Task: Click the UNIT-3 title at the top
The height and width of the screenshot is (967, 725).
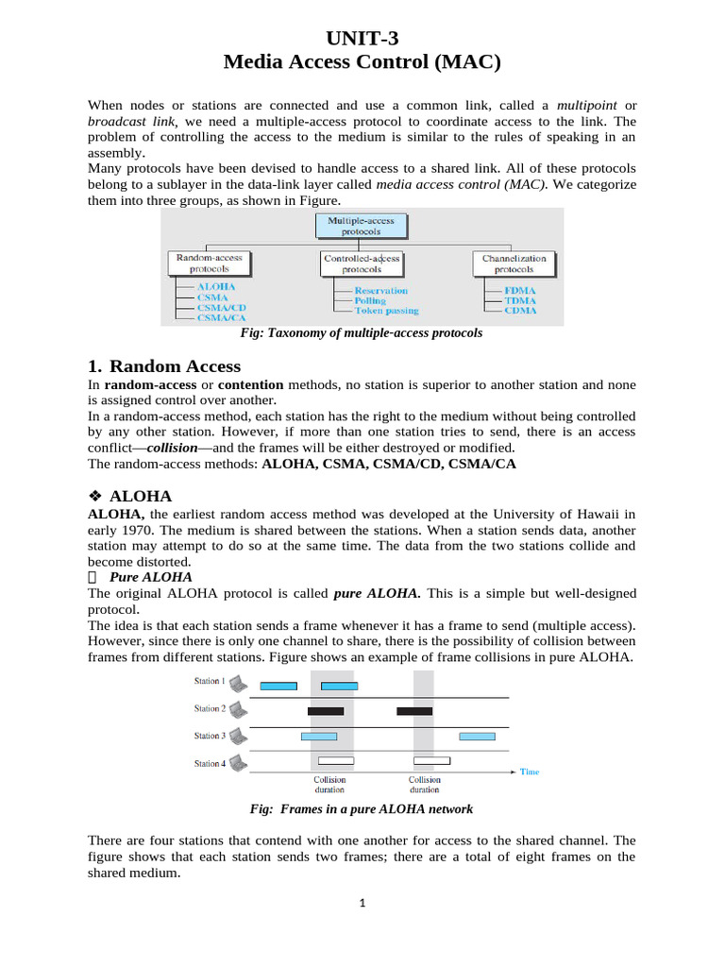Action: pyautogui.click(x=362, y=39)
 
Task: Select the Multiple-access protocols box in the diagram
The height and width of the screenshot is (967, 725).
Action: pyautogui.click(x=361, y=225)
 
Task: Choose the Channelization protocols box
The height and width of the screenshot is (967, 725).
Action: pyautogui.click(x=514, y=263)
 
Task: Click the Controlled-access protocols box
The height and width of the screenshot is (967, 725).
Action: pyautogui.click(x=362, y=263)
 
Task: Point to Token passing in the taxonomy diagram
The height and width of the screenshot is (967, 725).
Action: pyautogui.click(x=386, y=311)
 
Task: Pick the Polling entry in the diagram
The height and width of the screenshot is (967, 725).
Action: pyautogui.click(x=370, y=300)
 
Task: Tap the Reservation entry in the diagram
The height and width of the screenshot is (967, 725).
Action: pyautogui.click(x=380, y=290)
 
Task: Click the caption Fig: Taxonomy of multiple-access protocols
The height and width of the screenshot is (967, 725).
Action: pyautogui.click(x=362, y=332)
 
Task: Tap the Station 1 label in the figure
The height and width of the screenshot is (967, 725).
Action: pyautogui.click(x=209, y=681)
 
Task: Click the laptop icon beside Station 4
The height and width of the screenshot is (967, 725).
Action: pyautogui.click(x=238, y=762)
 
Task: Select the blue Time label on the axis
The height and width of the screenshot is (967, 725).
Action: pyautogui.click(x=530, y=772)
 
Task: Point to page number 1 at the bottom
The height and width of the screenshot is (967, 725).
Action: pyautogui.click(x=362, y=903)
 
